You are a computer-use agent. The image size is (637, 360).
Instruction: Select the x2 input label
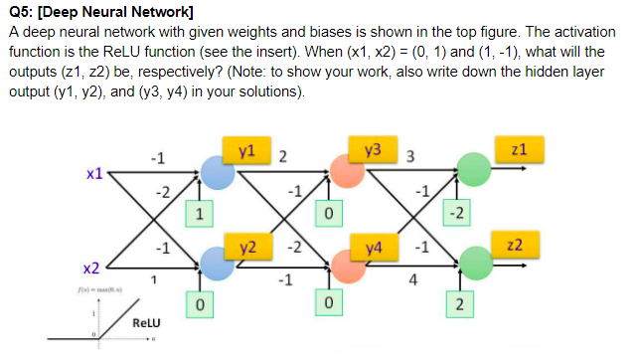(x=90, y=269)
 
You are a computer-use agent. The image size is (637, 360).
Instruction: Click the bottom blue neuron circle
(x=217, y=261)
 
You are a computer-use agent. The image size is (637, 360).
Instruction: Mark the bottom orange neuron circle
(x=348, y=261)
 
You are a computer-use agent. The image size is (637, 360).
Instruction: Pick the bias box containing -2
(x=456, y=212)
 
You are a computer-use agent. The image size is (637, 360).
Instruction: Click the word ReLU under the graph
(x=147, y=324)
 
